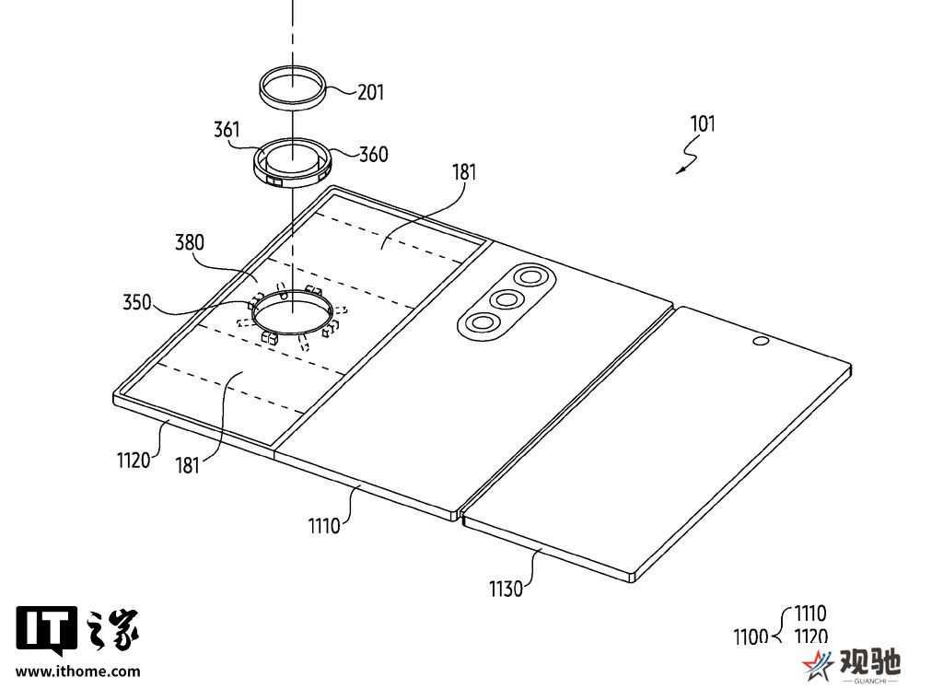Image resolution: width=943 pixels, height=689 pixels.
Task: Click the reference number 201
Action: [370, 92]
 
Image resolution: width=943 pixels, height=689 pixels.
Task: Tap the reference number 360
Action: [374, 154]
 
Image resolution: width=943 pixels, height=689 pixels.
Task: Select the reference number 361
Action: [227, 129]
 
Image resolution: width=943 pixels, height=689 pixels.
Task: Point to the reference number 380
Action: [190, 242]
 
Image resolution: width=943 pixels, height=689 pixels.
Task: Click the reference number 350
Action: [137, 301]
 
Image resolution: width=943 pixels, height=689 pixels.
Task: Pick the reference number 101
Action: [703, 124]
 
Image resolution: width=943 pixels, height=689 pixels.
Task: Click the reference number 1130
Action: [506, 589]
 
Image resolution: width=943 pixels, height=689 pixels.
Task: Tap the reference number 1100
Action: [751, 636]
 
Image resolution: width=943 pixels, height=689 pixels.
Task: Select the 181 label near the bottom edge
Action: [187, 465]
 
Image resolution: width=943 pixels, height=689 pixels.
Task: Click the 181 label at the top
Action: [464, 172]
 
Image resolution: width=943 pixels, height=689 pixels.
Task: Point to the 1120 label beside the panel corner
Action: [134, 461]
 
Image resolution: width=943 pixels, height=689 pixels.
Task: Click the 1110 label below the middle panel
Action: [325, 526]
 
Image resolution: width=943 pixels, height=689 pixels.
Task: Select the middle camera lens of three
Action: [506, 299]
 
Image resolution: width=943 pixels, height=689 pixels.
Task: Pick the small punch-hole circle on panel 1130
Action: [760, 342]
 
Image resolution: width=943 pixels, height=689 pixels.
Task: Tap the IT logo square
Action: [46, 629]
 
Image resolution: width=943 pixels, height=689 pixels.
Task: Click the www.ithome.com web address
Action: [78, 671]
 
